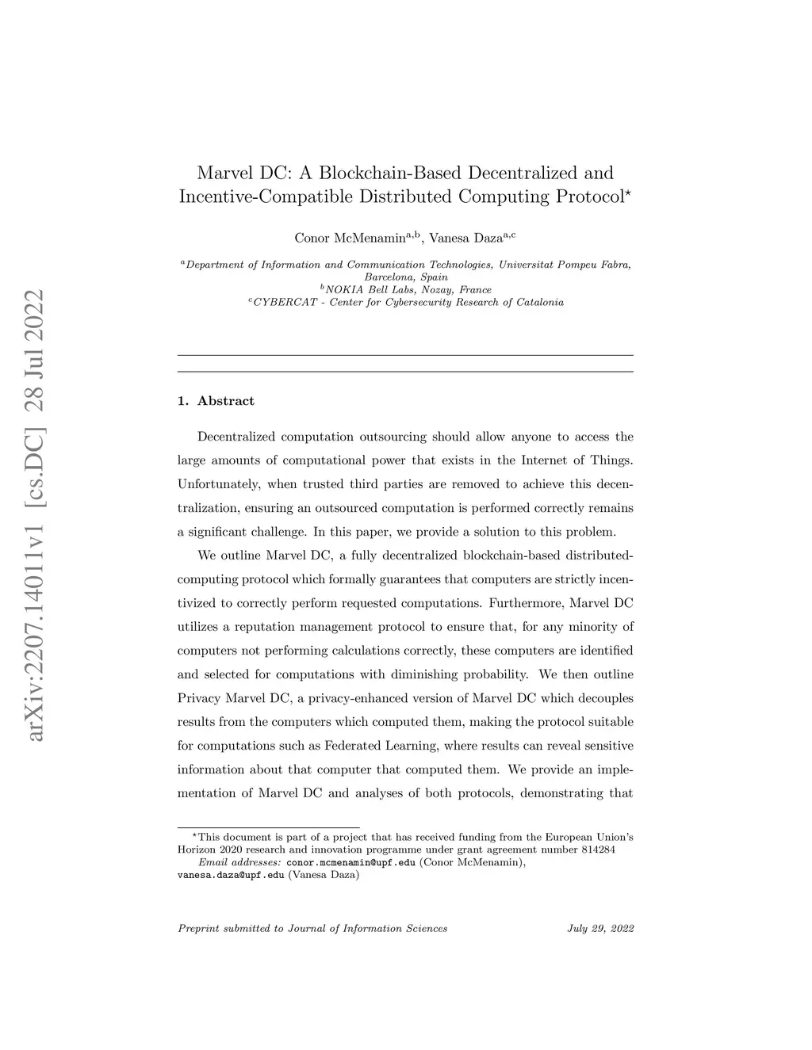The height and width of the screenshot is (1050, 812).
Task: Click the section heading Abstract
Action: click(x=226, y=401)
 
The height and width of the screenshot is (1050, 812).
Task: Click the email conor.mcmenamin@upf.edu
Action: click(x=350, y=863)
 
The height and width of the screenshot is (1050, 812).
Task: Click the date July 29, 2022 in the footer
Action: click(x=600, y=928)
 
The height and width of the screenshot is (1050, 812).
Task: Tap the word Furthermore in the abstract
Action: click(x=526, y=603)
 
